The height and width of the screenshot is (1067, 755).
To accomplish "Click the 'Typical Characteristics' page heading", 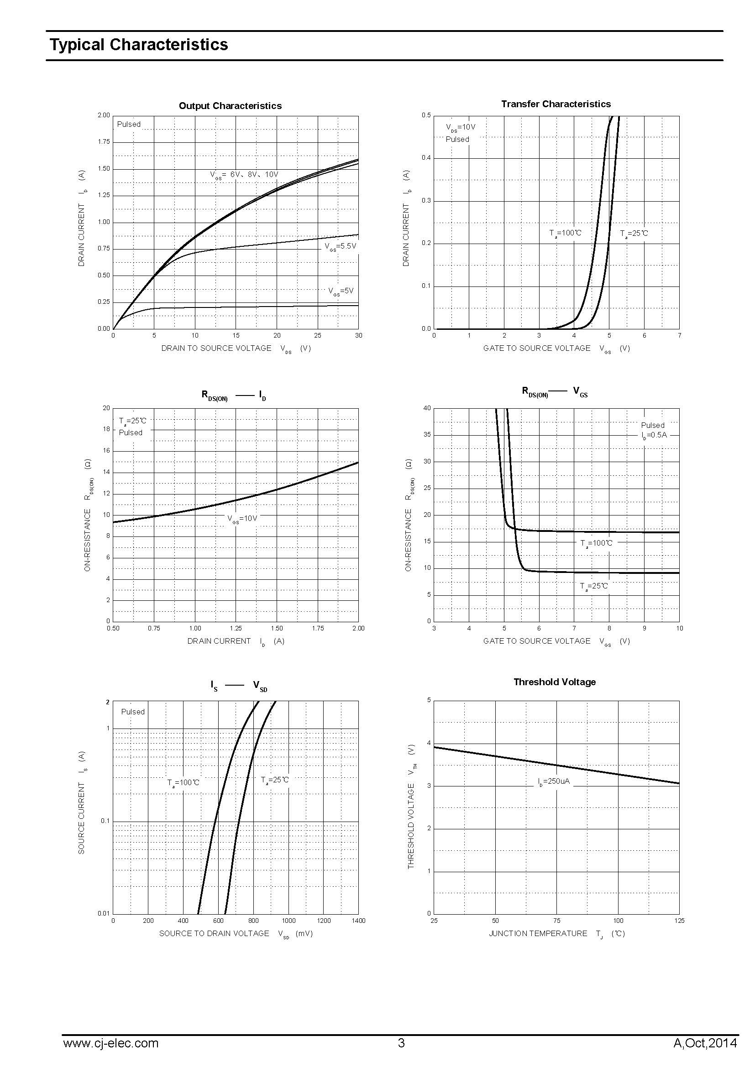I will [x=139, y=45].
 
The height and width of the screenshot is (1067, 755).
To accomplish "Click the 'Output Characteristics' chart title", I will [x=230, y=106].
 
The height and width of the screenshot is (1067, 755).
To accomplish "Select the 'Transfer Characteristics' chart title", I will [x=556, y=104].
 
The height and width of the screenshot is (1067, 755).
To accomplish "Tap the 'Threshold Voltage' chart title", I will [x=554, y=682].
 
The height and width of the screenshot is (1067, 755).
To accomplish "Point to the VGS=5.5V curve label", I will [x=341, y=246].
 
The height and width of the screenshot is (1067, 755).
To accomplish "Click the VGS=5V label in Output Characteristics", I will [x=341, y=291].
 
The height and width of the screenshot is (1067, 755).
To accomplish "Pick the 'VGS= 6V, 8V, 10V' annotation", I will [x=244, y=175].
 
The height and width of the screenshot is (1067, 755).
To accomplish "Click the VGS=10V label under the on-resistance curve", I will [x=242, y=519].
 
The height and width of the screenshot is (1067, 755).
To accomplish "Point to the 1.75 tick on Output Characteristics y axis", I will [x=104, y=142].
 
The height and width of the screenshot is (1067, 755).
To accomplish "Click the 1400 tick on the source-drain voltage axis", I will [x=358, y=921].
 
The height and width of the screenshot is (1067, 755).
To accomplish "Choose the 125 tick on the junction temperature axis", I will [x=679, y=921].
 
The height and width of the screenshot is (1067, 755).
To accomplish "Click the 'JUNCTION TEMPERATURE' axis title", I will [x=537, y=933].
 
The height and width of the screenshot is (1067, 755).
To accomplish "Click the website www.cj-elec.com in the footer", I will [x=110, y=1043].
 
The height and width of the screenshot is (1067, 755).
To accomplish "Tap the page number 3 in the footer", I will [x=401, y=1043].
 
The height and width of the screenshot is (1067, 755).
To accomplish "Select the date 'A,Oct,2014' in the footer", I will [x=705, y=1043].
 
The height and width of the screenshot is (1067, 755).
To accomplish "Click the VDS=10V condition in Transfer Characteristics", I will [x=460, y=127].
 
